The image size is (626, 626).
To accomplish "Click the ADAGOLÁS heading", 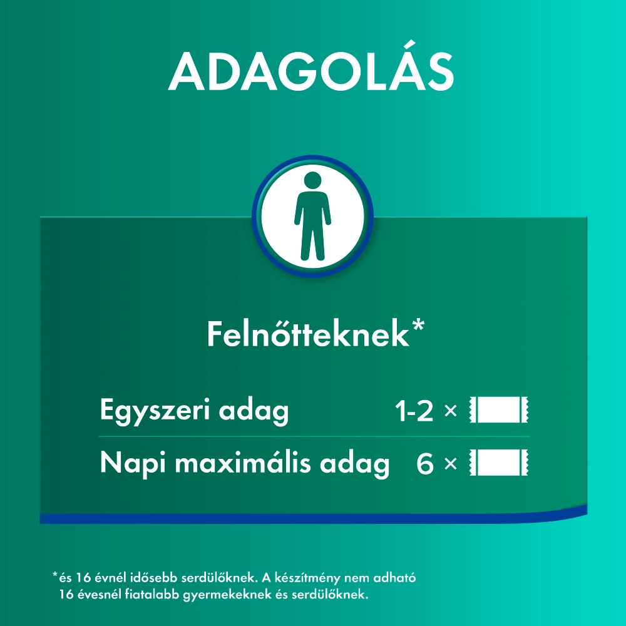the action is pyautogui.click(x=311, y=72).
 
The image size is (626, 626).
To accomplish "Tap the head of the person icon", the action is pyautogui.click(x=312, y=181).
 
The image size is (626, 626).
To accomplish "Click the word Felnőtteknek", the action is pyautogui.click(x=308, y=334).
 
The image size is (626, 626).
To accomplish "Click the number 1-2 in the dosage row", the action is pyautogui.click(x=414, y=411).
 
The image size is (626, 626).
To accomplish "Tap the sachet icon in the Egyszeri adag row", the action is pyautogui.click(x=499, y=409).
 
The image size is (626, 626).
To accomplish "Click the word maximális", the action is pyautogui.click(x=243, y=463).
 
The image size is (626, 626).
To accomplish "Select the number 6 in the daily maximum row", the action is pyautogui.click(x=425, y=464).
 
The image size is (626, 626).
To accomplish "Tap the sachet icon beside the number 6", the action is pyautogui.click(x=499, y=463).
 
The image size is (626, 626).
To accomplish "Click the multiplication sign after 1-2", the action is pyautogui.click(x=450, y=411).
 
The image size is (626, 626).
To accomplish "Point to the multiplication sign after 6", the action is pyautogui.click(x=450, y=463).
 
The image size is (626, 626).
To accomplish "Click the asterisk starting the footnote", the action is pyautogui.click(x=55, y=575).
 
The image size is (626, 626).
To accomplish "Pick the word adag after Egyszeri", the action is pyautogui.click(x=254, y=411).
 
